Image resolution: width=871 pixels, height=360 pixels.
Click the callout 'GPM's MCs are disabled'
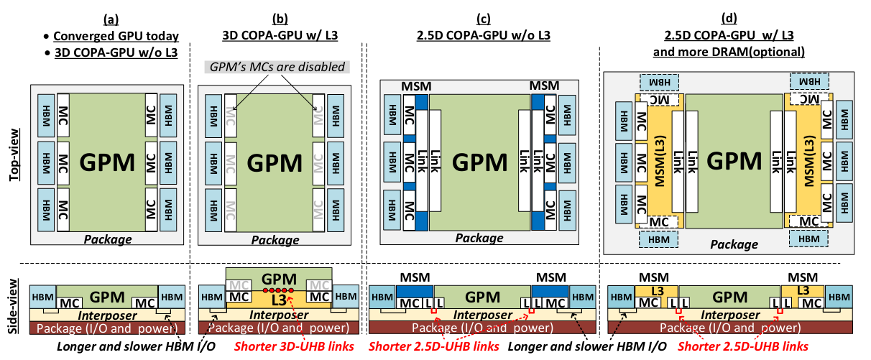(x=277, y=68)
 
